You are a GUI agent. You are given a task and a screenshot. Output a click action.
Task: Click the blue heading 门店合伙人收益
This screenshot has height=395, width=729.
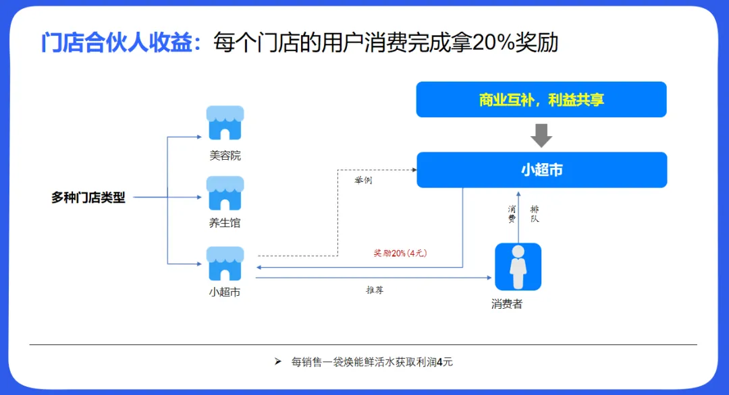[x=121, y=42]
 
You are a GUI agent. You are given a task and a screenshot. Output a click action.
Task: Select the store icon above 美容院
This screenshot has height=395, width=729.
[x=225, y=123]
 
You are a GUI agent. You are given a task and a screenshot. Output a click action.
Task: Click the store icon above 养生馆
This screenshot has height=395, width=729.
[x=225, y=193]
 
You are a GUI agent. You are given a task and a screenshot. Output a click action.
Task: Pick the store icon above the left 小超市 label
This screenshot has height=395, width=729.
[x=225, y=264]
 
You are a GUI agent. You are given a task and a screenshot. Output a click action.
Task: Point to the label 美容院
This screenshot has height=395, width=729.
[x=225, y=156]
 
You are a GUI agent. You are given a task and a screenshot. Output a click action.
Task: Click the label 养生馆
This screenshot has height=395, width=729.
[x=225, y=223]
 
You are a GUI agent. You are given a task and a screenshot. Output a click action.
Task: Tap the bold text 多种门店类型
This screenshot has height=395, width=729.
[x=88, y=198]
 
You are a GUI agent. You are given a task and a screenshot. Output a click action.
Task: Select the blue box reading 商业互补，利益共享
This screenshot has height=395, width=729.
[x=541, y=100]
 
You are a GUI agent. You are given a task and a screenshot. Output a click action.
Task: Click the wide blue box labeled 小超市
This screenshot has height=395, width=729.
[x=541, y=170]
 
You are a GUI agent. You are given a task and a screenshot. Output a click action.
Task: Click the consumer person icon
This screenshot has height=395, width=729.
[x=518, y=266]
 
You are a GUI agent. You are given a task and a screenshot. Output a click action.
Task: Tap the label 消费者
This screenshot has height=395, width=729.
[x=507, y=304]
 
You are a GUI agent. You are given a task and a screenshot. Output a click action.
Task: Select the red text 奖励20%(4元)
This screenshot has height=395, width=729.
[x=401, y=253]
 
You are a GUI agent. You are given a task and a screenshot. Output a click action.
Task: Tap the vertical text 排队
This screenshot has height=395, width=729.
[x=535, y=214]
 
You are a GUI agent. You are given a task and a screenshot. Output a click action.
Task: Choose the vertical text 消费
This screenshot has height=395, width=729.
[x=512, y=214]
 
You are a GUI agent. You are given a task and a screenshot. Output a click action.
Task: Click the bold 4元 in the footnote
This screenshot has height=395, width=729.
[x=445, y=362]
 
